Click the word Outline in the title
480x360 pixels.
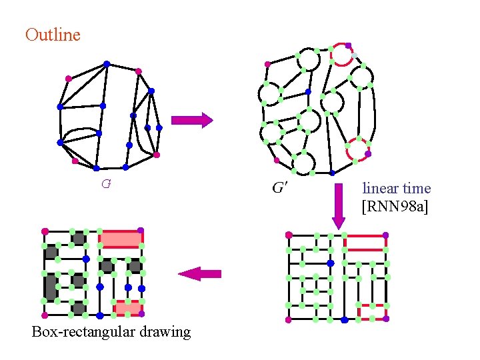pos(53,35)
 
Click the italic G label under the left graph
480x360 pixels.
pos(106,183)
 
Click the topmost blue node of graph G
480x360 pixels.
pos(107,64)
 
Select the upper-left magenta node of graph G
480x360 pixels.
pos(68,79)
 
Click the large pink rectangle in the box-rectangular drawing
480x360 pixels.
pos(120,239)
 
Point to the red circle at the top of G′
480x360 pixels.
pos(343,55)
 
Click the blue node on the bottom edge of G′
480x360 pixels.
pos(333,173)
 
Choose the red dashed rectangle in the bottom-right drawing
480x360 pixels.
pos(372,312)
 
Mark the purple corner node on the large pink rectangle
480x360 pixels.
pos(141,231)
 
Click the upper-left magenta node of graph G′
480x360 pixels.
pos(267,65)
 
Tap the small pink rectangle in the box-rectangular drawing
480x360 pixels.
pos(127,307)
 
